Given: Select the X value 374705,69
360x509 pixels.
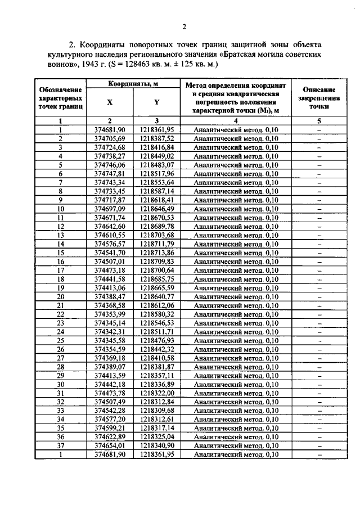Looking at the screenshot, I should click(110, 138).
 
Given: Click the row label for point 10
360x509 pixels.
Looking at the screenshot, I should click(60, 209).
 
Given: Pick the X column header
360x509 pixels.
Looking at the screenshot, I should click(110, 102).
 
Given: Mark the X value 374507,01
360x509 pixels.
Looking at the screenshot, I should click(110, 262).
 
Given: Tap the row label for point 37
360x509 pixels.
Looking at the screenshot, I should click(60, 445).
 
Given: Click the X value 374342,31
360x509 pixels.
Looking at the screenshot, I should click(110, 332).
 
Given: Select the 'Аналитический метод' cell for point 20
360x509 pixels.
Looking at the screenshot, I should click(236, 296).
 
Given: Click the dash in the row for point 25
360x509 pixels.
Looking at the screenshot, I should click(318, 341).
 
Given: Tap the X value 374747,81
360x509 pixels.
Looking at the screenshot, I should click(110, 174).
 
